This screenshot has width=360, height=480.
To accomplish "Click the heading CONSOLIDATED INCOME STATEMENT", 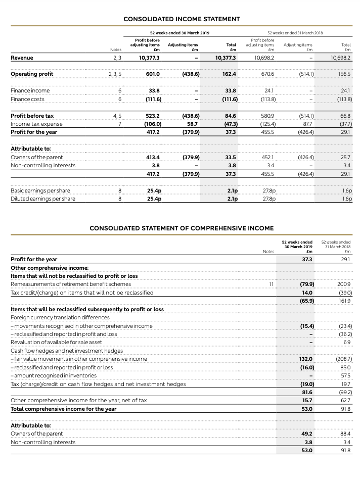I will pos(182,19).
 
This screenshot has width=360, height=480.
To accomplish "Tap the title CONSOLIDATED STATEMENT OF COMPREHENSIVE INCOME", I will pos(182,228).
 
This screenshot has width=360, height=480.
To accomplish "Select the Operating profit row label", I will pos(32,74).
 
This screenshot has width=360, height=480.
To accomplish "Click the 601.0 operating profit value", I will pos(153,74).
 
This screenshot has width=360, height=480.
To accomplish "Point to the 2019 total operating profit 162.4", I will pos(229,74).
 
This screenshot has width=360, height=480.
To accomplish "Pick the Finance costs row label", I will pos(27,100).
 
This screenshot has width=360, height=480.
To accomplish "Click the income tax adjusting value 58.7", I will pos(192,124).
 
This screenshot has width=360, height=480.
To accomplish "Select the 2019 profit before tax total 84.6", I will pos(230,116).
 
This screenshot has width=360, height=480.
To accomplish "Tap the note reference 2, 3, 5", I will pos(115,74).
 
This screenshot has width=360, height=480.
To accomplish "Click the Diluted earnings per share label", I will pos(43,199).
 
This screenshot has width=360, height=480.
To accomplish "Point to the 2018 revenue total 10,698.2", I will pos(341,58).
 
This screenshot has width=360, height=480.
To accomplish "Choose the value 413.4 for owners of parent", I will pos(153,157).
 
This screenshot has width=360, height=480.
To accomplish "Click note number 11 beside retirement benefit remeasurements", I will pos(271,284).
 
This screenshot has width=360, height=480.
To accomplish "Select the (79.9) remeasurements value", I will pos(304,284).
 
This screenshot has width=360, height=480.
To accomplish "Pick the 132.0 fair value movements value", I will pos(304,359).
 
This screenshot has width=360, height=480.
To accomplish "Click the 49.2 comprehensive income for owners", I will pos(306,434).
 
